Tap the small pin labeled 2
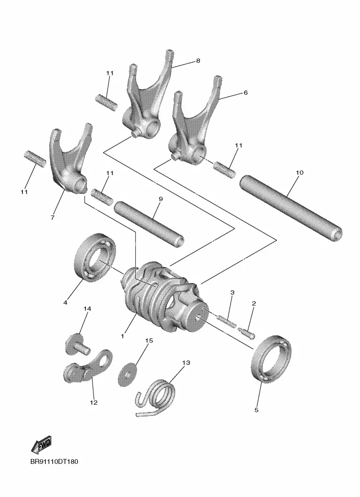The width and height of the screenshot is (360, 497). tap(247, 333)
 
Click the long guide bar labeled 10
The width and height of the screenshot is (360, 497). tap(291, 208)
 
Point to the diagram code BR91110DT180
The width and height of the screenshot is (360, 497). tap(54, 461)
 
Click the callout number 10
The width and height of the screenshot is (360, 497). tap(299, 172)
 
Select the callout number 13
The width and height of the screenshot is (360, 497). tap(186, 362)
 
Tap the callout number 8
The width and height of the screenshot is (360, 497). tap(198, 61)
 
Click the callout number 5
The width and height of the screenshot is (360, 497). tap(256, 410)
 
